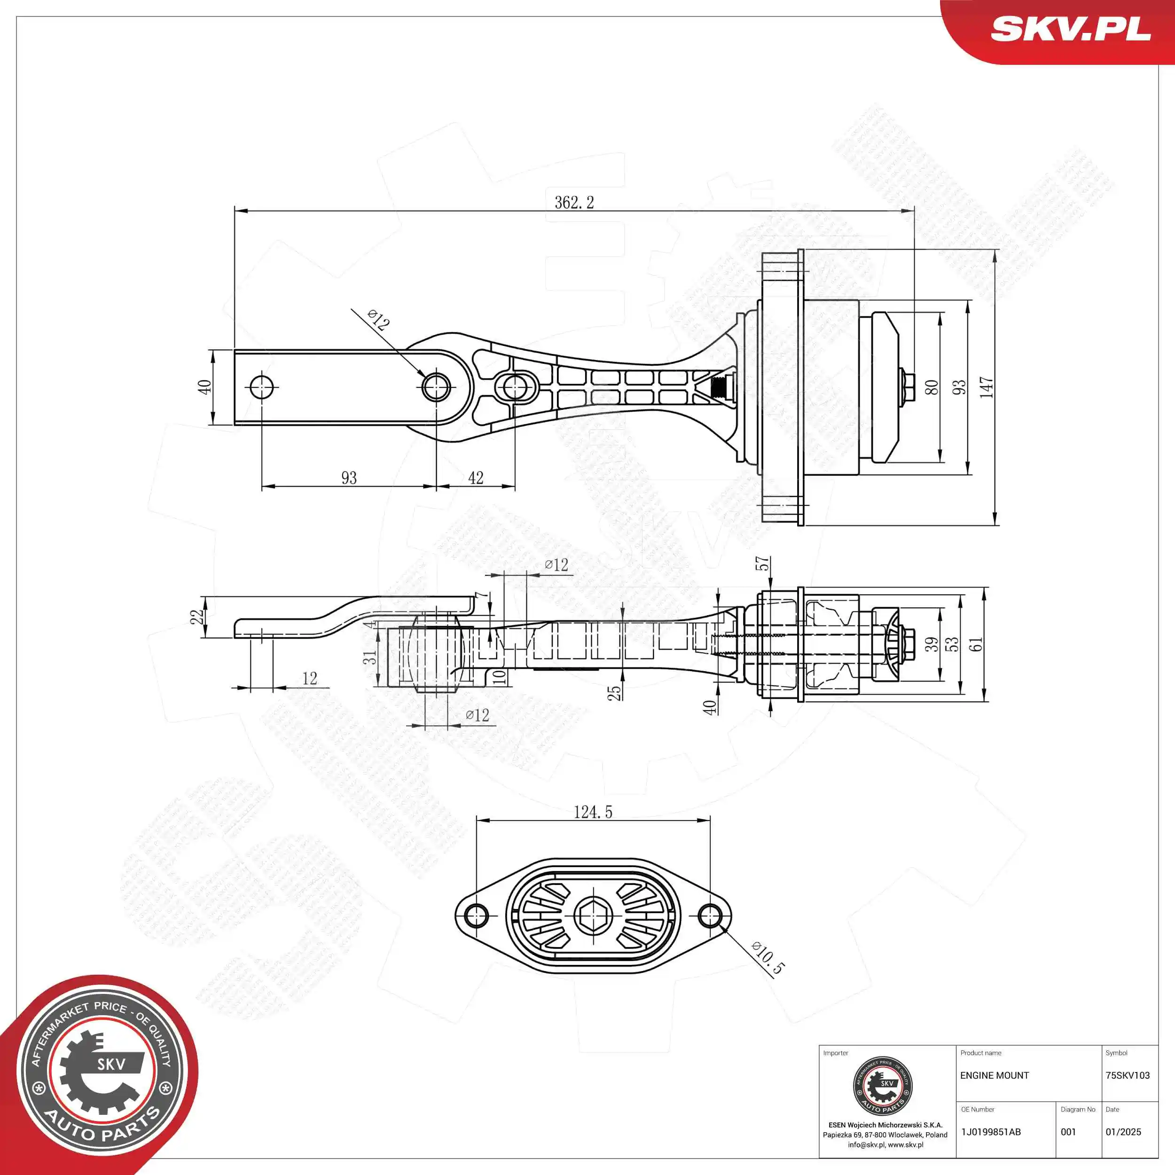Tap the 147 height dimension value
tap(987, 387)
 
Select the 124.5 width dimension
tap(593, 812)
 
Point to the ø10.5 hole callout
tap(768, 958)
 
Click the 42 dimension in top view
tap(476, 478)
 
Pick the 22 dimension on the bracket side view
tap(196, 617)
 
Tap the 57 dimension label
tap(762, 564)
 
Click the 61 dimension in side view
tap(975, 644)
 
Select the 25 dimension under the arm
tap(614, 692)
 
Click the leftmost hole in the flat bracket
tap(261, 387)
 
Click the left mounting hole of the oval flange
tap(476, 915)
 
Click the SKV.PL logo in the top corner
tap(1070, 29)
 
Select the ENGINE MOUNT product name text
tap(995, 1076)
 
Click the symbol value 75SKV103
tap(1128, 1076)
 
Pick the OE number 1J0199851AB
tap(991, 1132)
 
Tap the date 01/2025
tap(1123, 1132)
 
